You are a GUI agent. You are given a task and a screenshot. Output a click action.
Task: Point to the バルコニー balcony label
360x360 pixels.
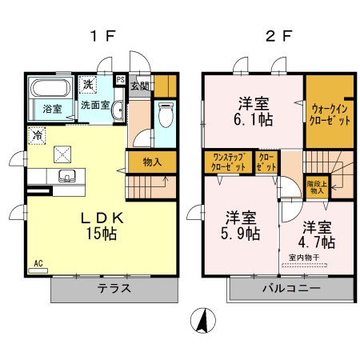coord(291,289)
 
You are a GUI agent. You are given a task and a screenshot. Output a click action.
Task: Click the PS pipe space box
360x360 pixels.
coord(120,79)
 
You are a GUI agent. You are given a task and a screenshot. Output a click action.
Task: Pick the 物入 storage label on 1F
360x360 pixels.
coord(152,162)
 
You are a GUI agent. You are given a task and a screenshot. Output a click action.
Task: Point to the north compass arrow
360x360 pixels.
coord(204,322)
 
